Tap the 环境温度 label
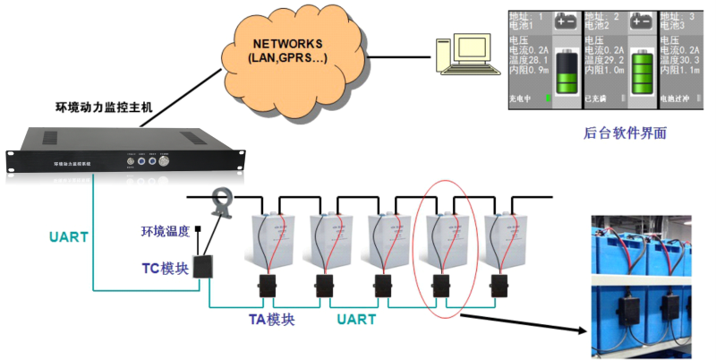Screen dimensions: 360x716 coord(166,232)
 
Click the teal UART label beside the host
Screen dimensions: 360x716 coord(69,237)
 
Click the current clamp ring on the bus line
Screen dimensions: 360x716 coord(219,195)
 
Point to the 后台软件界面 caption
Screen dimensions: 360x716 coord(624,133)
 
